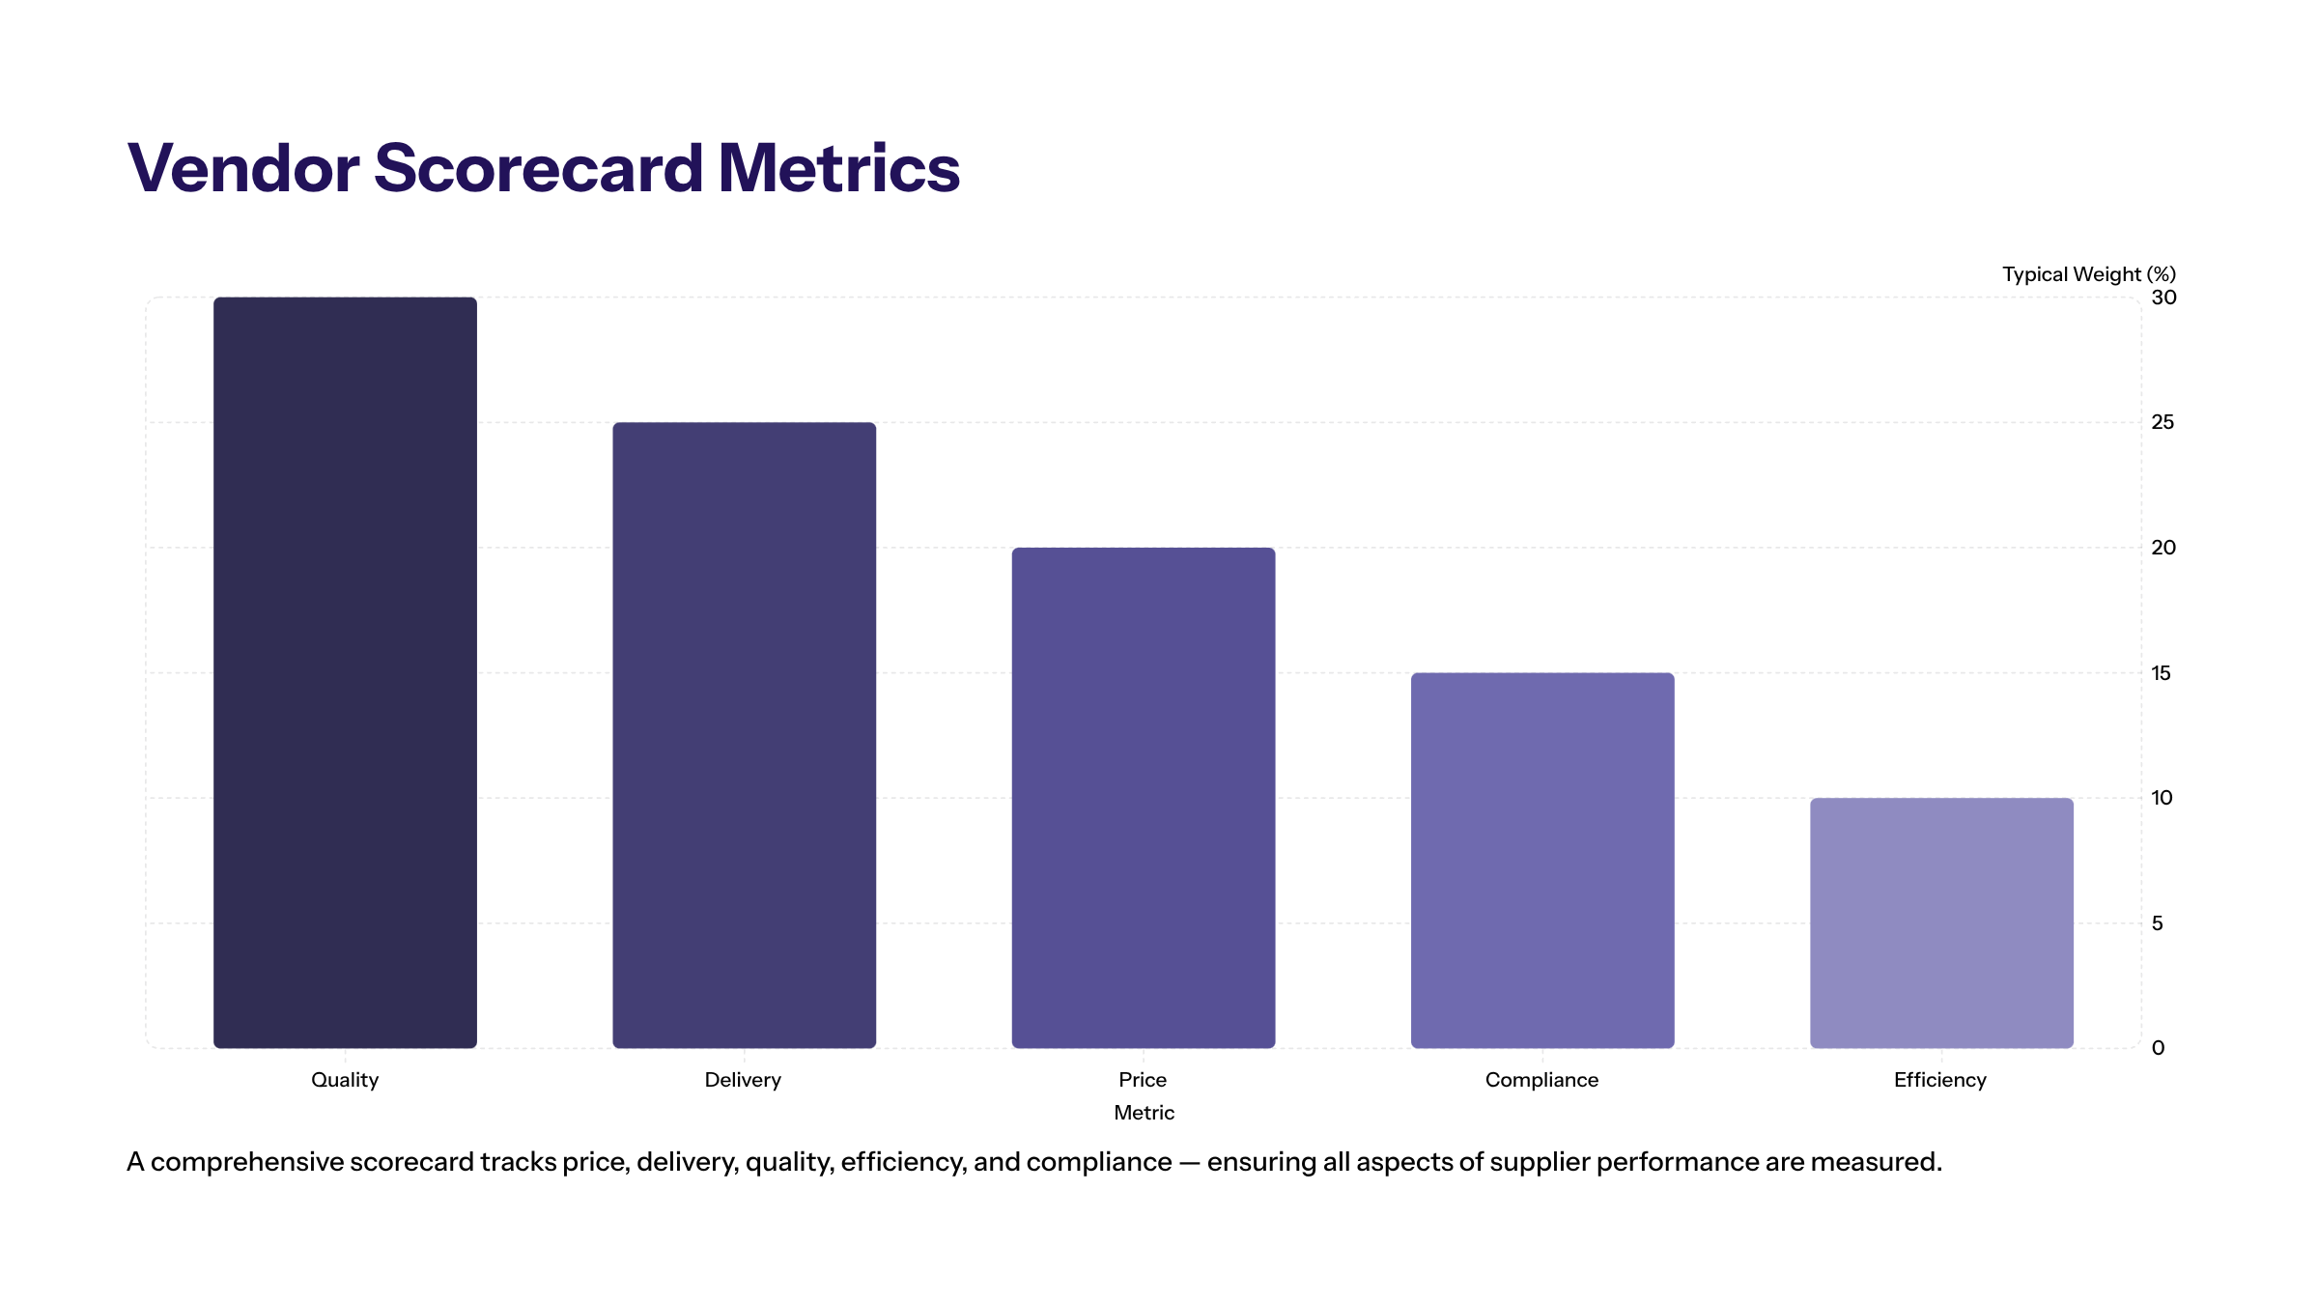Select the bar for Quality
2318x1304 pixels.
tap(345, 672)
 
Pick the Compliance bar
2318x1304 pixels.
tap(1541, 860)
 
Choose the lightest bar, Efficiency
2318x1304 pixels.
tap(1941, 922)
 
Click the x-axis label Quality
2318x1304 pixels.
tap(345, 1080)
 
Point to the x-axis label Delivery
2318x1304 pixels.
tap(743, 1080)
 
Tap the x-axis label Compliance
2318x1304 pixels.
tap(1541, 1080)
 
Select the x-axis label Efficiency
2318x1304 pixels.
tap(1939, 1080)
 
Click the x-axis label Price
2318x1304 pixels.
tap(1143, 1080)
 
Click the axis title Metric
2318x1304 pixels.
tap(1144, 1113)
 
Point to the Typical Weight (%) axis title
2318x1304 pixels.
tap(2088, 274)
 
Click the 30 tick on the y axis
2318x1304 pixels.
tap(2163, 298)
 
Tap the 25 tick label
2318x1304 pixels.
tap(2163, 422)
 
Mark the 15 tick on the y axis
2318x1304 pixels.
tap(2161, 673)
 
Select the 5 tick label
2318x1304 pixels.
tap(2157, 923)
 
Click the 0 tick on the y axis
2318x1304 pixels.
tap(2158, 1048)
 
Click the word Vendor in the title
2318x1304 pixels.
tap(243, 169)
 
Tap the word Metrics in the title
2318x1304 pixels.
tap(838, 169)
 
